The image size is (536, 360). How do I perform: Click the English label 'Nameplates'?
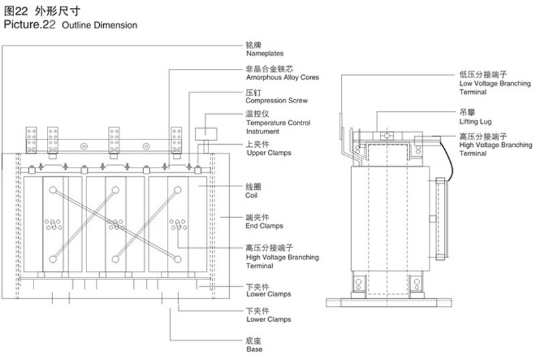[265, 53]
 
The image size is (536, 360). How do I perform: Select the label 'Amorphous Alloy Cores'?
[281, 78]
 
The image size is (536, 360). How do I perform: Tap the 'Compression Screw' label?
[276, 101]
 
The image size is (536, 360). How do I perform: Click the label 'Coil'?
[253, 196]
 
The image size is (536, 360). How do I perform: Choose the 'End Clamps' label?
[264, 226]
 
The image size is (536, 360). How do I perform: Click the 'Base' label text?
[254, 349]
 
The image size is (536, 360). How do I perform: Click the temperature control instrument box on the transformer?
[204, 133]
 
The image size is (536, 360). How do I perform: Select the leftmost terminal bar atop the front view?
[31, 139]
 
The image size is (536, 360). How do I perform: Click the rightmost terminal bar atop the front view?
[177, 139]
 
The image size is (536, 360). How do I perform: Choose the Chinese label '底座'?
[253, 341]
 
